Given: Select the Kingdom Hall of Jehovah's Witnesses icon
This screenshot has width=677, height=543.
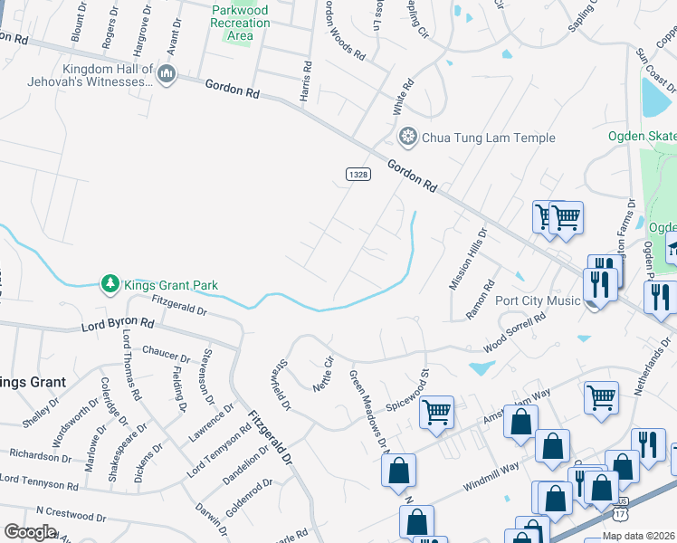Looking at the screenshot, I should tap(166, 74).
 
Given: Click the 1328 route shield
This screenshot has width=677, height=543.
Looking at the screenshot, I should tap(358, 173).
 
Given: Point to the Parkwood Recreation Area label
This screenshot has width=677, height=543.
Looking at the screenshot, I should tap(240, 23).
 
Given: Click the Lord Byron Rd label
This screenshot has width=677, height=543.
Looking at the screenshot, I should tap(119, 323).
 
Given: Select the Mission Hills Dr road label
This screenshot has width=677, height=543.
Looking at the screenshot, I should tap(468, 258).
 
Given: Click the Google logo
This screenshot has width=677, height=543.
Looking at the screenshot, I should tap(30, 532).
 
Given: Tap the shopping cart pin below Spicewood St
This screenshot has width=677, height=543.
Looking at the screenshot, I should tap(436, 413).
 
